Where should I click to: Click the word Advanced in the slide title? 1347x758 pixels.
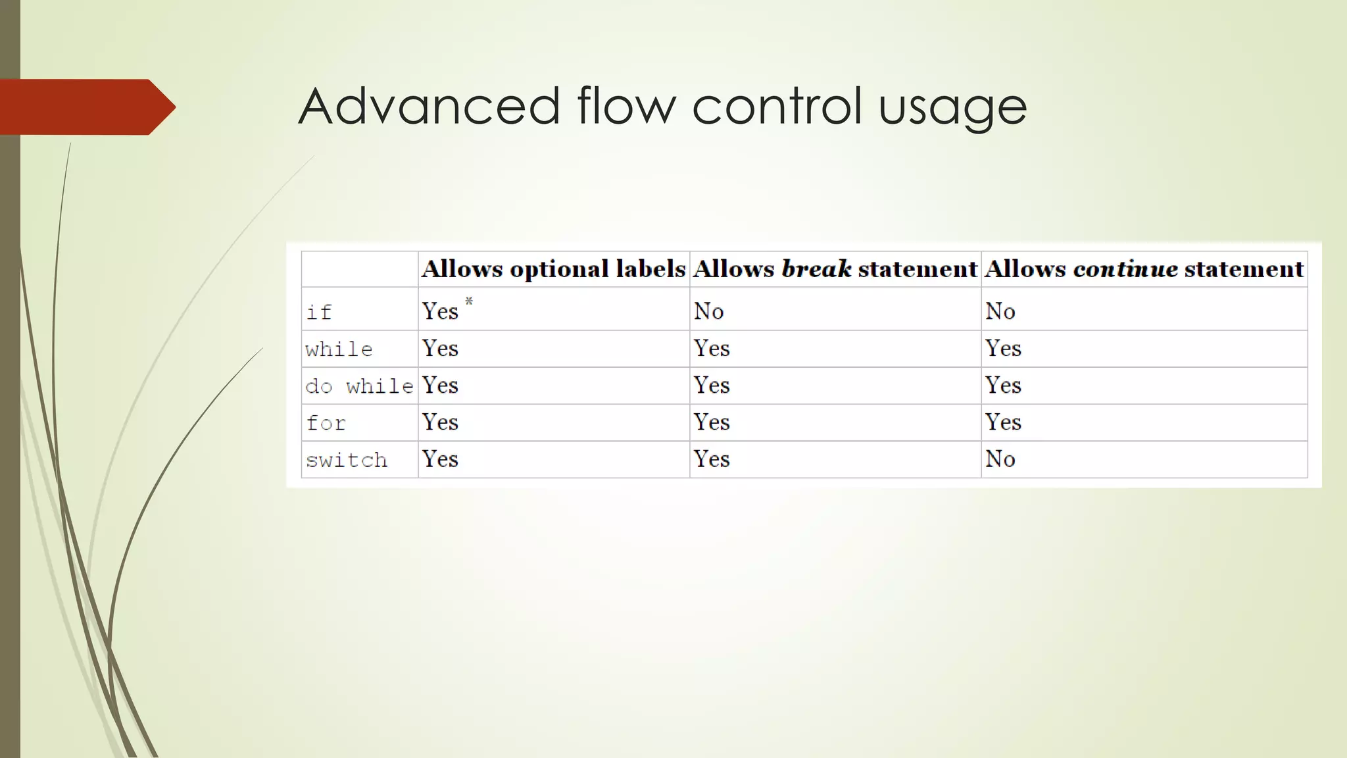429,106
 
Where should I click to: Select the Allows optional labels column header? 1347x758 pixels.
553,269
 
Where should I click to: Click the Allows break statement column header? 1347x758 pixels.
835,269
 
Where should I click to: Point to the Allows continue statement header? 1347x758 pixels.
1144,269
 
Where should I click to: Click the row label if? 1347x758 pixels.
319,312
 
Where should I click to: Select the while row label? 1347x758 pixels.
339,349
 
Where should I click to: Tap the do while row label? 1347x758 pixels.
359,386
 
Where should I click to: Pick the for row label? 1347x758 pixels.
326,422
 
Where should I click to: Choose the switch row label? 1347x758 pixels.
347,459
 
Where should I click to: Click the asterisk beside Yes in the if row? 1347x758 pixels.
469,301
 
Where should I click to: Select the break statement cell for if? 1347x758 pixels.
708,311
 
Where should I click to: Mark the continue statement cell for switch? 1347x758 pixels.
1000,459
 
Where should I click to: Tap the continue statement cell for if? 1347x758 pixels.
1000,311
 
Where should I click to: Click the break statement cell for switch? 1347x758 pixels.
712,459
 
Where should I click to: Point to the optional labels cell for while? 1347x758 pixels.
440,348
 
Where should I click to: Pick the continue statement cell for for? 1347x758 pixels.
1003,422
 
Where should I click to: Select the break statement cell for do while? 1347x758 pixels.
712,385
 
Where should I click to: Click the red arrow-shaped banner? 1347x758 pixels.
86,107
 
